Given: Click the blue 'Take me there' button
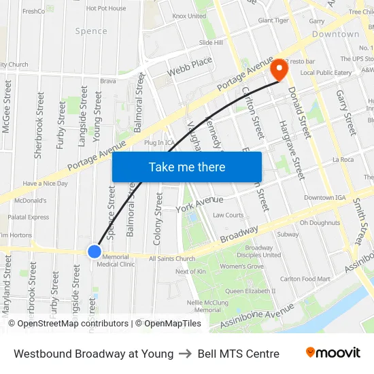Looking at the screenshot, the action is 186,167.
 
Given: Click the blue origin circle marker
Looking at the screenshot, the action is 95,252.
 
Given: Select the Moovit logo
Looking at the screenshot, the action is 333,353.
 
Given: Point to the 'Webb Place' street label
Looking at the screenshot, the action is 190,65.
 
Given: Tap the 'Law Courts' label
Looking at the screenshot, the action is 228,215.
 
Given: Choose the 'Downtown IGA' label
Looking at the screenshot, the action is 329,198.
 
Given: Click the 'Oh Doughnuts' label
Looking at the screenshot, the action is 320,222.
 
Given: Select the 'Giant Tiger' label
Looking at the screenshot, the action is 273,20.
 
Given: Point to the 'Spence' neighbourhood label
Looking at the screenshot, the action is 91,31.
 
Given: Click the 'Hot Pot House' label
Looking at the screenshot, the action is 106,8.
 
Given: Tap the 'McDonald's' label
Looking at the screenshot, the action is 31,201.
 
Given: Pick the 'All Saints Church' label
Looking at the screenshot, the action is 172,258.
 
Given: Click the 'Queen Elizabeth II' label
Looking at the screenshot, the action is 250,290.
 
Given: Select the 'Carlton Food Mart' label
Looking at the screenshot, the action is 305,278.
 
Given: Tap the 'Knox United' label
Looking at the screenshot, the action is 189,16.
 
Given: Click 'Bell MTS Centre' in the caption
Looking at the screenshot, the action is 238,354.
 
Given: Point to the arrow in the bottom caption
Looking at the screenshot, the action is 186,354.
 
